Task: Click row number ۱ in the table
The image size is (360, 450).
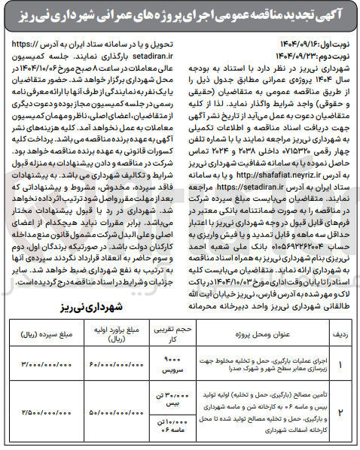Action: click(x=344, y=365)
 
